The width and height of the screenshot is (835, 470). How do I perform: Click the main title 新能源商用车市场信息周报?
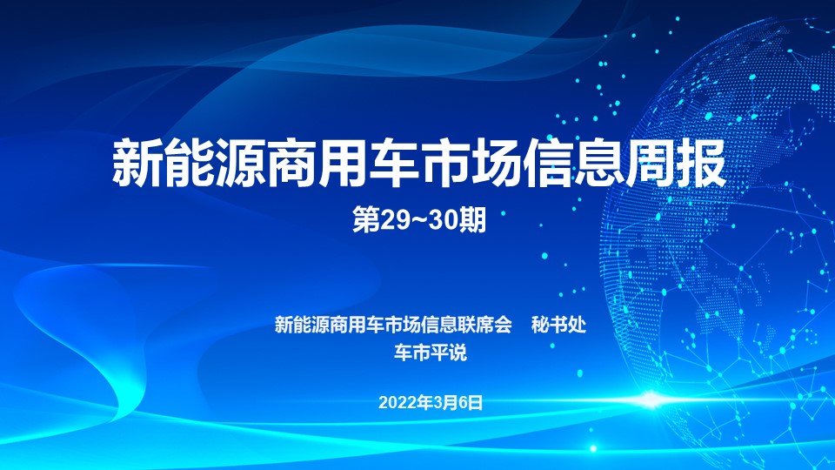click(419, 163)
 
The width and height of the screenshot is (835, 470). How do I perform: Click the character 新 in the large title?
click(137, 163)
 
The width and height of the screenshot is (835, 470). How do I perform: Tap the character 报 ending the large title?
click(702, 163)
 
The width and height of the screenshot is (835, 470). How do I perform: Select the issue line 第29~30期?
click(419, 220)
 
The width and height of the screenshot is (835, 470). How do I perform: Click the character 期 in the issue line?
click(473, 220)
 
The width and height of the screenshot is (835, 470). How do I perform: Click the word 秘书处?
click(558, 325)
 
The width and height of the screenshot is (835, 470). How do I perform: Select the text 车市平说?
click(431, 352)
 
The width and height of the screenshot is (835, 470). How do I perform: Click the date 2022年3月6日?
click(431, 402)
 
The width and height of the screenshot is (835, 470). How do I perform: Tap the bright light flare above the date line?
click(651, 399)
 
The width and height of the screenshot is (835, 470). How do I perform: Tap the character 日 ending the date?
click(477, 402)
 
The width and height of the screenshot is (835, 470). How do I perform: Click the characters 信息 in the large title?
click(573, 163)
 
